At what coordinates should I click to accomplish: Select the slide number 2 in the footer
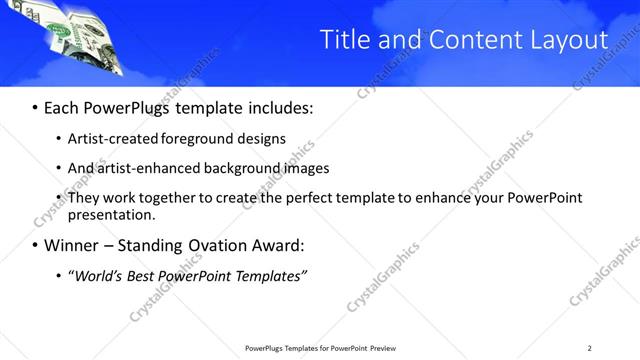point(589,347)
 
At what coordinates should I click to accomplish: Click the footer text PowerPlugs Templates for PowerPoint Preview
point(320,347)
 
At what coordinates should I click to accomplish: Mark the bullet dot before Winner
point(36,245)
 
